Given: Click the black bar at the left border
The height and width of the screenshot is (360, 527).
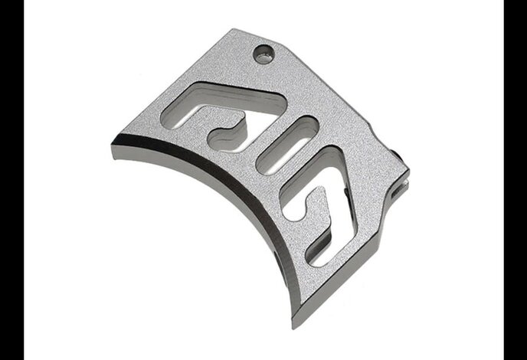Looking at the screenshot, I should point(11,180).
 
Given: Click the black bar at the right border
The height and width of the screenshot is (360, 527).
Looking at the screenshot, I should point(515,180).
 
